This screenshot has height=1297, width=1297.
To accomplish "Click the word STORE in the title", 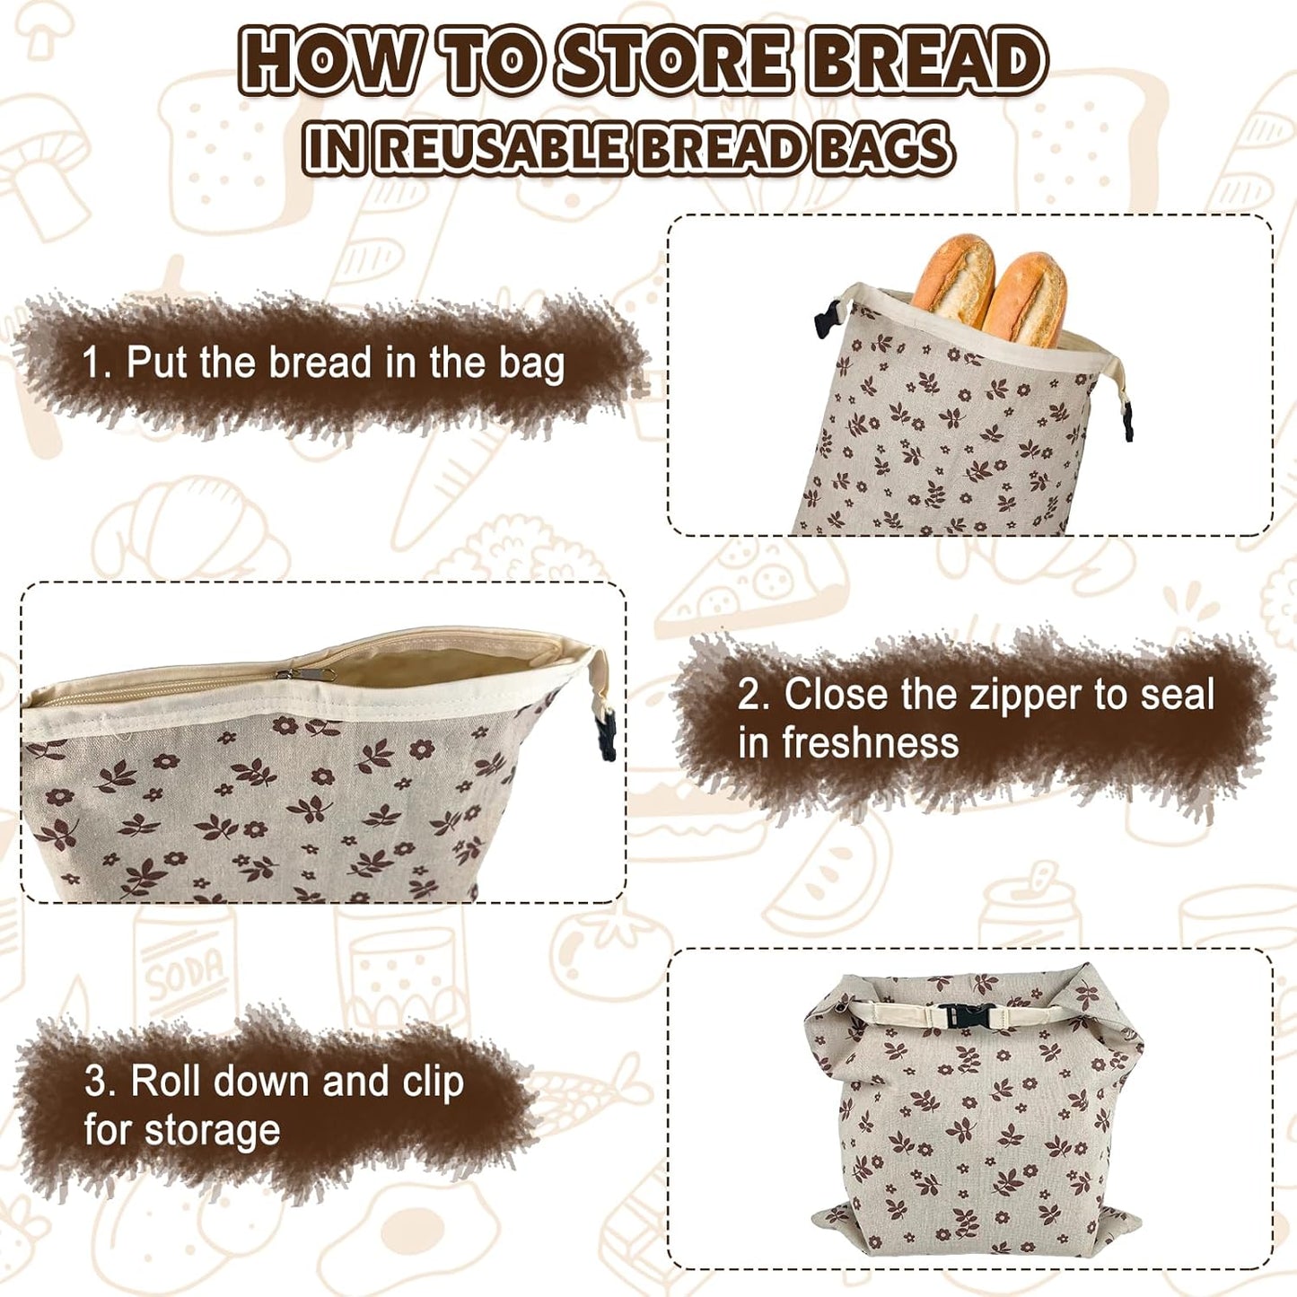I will (x=673, y=61).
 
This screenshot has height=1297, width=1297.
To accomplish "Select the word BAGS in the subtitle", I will (x=883, y=149).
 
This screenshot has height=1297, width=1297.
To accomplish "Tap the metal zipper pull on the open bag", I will (x=305, y=673).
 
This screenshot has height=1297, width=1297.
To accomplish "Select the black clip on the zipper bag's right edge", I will (x=607, y=732).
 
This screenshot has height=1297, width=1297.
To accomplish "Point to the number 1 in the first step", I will (x=92, y=364).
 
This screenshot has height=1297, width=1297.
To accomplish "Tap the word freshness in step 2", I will (x=870, y=743).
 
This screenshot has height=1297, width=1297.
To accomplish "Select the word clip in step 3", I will (x=433, y=1082).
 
